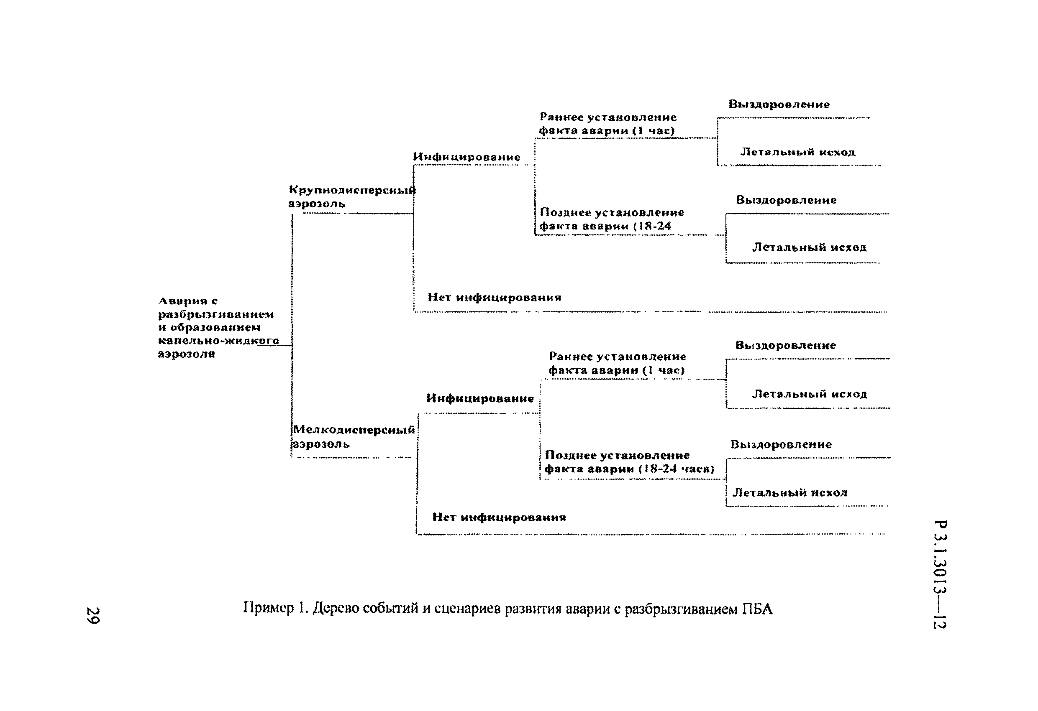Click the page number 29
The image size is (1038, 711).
pyautogui.click(x=93, y=615)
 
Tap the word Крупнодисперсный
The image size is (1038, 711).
pyautogui.click(x=352, y=190)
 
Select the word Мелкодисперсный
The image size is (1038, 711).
pyautogui.click(x=354, y=430)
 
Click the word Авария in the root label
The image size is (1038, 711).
pyautogui.click(x=183, y=301)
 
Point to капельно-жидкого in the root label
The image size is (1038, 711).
pyautogui.click(x=218, y=341)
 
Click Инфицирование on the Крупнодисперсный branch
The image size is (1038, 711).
pyautogui.click(x=466, y=157)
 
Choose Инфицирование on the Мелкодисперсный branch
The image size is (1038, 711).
pyautogui.click(x=480, y=398)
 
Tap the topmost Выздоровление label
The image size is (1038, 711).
pyautogui.click(x=779, y=104)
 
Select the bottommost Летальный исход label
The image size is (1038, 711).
pyautogui.click(x=789, y=492)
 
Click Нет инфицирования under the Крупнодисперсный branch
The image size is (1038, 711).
pyautogui.click(x=495, y=297)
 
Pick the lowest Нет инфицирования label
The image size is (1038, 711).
pyautogui.click(x=499, y=517)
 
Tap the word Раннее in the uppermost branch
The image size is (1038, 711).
pyautogui.click(x=561, y=117)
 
